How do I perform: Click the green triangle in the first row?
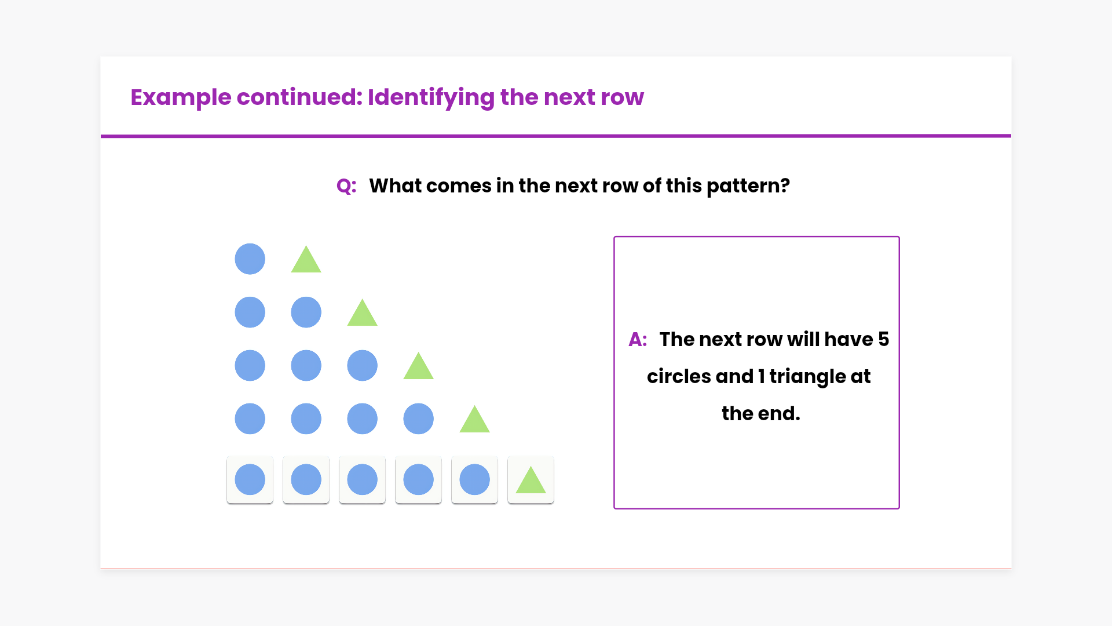coord(306,260)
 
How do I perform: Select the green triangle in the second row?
coord(362,314)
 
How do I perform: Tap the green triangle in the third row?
coord(418,367)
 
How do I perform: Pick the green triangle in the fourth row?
coord(474,420)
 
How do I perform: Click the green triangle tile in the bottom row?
coord(531,480)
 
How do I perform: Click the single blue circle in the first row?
coord(250,259)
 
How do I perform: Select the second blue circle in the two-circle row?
coord(306,312)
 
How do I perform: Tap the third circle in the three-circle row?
coord(362,366)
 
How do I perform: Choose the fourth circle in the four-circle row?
coord(418,419)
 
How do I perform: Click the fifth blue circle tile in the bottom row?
coord(474,480)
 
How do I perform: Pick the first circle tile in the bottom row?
coord(250,480)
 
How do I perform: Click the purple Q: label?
coord(346,186)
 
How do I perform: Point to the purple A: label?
coord(638,339)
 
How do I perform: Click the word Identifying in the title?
coord(430,97)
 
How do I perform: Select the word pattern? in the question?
coord(748,186)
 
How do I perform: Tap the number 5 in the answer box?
coord(883,339)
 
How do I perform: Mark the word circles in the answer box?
coord(679,377)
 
